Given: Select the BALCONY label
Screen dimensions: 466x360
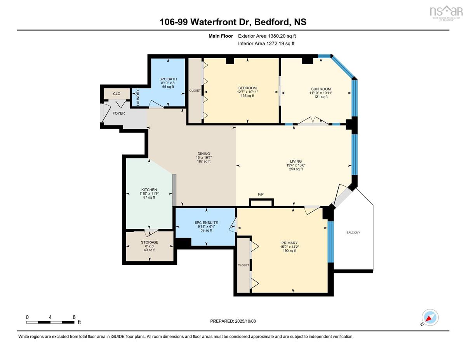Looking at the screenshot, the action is (x=353, y=232).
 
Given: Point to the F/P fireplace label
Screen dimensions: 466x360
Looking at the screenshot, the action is (x=261, y=194).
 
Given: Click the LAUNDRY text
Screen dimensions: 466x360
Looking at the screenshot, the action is (x=138, y=97).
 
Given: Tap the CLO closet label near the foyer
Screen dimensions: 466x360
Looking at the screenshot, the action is (x=116, y=94).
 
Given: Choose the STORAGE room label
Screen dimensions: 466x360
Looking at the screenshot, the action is (x=150, y=242).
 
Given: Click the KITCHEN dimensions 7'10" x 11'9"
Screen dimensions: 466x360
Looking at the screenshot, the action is (x=149, y=193).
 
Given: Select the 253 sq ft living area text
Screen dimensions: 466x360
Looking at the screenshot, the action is (x=296, y=169).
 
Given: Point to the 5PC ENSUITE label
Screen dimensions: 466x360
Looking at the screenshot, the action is (x=206, y=223).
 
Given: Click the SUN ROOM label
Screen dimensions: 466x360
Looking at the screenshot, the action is (x=321, y=89).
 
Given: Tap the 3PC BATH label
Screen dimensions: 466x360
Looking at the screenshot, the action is (x=168, y=79).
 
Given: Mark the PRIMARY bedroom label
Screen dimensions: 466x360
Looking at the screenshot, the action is (x=290, y=243).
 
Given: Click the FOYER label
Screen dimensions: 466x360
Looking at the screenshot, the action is (x=118, y=113).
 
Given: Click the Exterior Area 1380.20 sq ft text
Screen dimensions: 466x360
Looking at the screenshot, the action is (x=267, y=36).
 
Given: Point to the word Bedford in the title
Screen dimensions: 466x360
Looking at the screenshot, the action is (x=271, y=22).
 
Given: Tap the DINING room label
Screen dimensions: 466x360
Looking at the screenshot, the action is (x=204, y=154).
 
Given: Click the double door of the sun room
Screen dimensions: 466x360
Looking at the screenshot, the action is (x=313, y=121).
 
